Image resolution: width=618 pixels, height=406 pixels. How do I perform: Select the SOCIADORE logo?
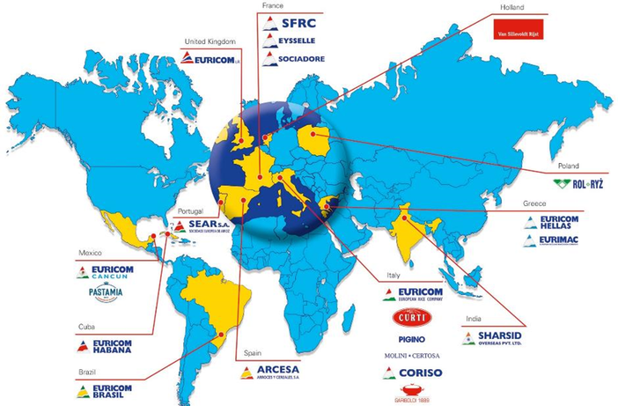click(295, 59)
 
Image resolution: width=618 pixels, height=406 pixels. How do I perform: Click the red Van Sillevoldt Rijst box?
click(517, 33)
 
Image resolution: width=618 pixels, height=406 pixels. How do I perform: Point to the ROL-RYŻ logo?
click(578, 183)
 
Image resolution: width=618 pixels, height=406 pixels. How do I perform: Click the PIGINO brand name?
click(413, 338)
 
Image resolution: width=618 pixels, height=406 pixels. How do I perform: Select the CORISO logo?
click(413, 373)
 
